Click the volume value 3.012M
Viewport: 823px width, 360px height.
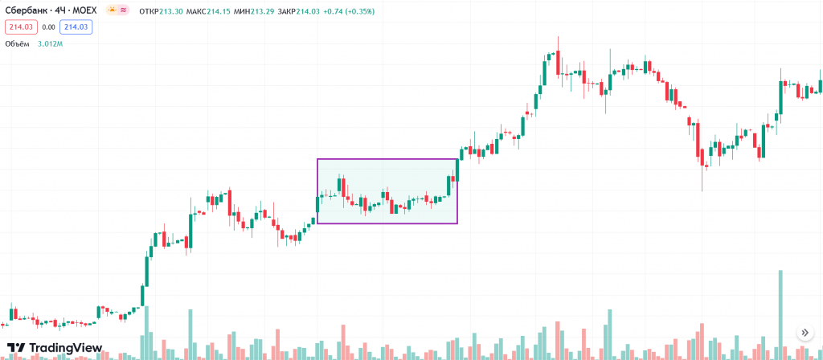(50, 43)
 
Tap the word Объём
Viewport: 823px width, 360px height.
(17, 43)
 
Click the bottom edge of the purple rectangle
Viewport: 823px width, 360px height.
(387, 223)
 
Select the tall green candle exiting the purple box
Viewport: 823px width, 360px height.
(457, 172)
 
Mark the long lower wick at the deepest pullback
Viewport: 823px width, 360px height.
(702, 180)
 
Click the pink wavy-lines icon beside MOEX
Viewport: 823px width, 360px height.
(125, 10)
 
